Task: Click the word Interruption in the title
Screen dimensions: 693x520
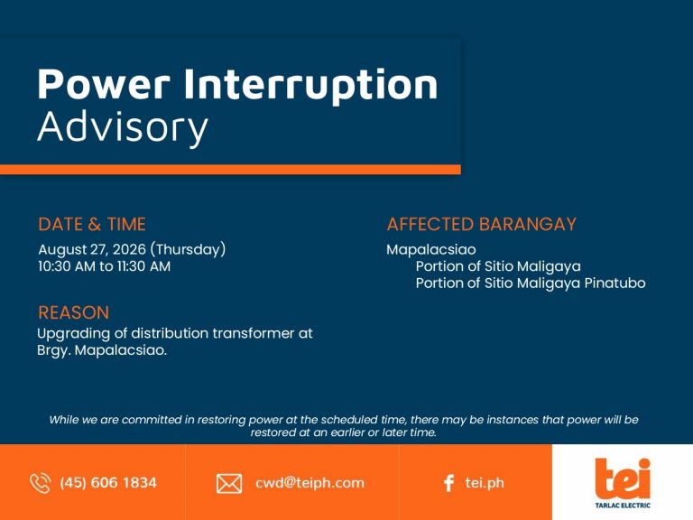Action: pyautogui.click(x=310, y=85)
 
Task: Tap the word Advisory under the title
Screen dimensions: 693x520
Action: pyautogui.click(x=123, y=128)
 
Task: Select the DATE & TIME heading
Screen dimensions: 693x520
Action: pyautogui.click(x=92, y=224)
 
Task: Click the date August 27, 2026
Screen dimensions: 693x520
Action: pyautogui.click(x=92, y=249)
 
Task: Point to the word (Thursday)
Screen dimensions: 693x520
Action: pyautogui.click(x=188, y=249)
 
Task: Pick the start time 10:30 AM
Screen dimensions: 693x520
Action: pyautogui.click(x=66, y=266)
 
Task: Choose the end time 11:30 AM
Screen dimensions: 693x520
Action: pyautogui.click(x=143, y=266)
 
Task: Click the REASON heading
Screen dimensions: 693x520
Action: pyautogui.click(x=73, y=312)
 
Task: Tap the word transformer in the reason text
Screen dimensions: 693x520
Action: pyautogui.click(x=253, y=333)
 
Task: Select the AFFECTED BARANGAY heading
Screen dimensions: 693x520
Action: pyautogui.click(x=482, y=224)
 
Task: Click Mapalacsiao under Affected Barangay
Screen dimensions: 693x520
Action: pyautogui.click(x=431, y=249)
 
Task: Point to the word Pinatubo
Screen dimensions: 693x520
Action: pyautogui.click(x=614, y=283)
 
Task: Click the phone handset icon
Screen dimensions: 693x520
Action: pyautogui.click(x=41, y=483)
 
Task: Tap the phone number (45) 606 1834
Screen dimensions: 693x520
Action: pyautogui.click(x=108, y=482)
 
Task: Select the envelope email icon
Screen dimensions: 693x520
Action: pyautogui.click(x=229, y=483)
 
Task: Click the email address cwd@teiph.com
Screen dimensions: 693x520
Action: pyautogui.click(x=310, y=482)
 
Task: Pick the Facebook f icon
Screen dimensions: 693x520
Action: pyautogui.click(x=448, y=483)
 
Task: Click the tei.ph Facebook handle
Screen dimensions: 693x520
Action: pyautogui.click(x=485, y=482)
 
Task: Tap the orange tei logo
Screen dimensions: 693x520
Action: pyautogui.click(x=623, y=478)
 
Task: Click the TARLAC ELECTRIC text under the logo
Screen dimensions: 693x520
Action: pyautogui.click(x=623, y=505)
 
